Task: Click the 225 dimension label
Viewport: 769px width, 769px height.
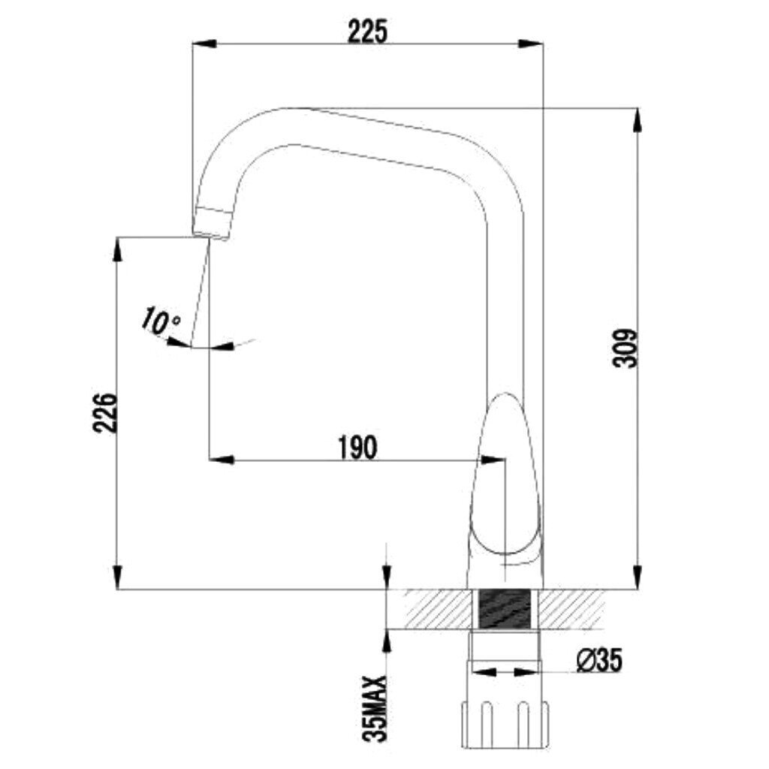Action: pyautogui.click(x=367, y=32)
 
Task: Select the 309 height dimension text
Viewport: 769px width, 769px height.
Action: pyautogui.click(x=626, y=348)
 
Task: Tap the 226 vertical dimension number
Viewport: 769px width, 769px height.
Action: pyautogui.click(x=105, y=412)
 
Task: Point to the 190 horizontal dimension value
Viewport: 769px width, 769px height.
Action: pyautogui.click(x=358, y=448)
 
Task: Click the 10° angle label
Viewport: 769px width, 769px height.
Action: pyautogui.click(x=160, y=321)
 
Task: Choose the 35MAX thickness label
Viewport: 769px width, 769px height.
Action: pyautogui.click(x=375, y=708)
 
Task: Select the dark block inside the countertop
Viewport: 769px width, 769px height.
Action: pyautogui.click(x=504, y=608)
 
